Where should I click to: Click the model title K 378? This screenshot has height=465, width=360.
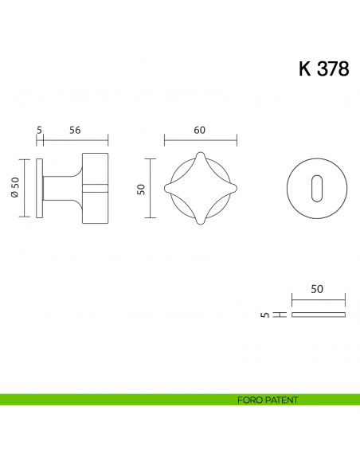[x=323, y=69]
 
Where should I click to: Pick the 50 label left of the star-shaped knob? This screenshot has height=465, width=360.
[x=142, y=188]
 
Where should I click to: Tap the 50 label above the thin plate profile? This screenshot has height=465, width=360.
[x=317, y=291]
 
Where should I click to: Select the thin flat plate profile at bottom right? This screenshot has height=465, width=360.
[x=319, y=315]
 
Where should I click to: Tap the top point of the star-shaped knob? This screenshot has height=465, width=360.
[x=200, y=154]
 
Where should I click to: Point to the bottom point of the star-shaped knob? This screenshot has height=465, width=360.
[x=200, y=223]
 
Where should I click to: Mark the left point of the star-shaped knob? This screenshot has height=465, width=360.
[x=166, y=188]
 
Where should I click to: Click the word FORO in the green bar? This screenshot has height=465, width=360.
[x=249, y=400]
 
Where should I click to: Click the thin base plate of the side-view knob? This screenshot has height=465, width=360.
[x=40, y=188]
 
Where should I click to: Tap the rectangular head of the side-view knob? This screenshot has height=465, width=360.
[x=94, y=188]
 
